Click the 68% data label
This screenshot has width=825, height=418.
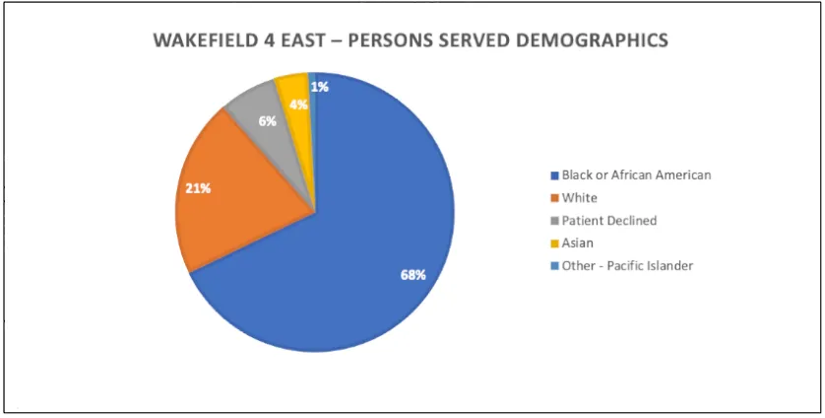point(412,275)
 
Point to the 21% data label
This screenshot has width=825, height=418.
point(198,187)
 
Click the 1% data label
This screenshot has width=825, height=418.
point(320,87)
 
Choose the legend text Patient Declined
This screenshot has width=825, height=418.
point(608,221)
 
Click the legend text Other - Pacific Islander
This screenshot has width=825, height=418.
point(627,266)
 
